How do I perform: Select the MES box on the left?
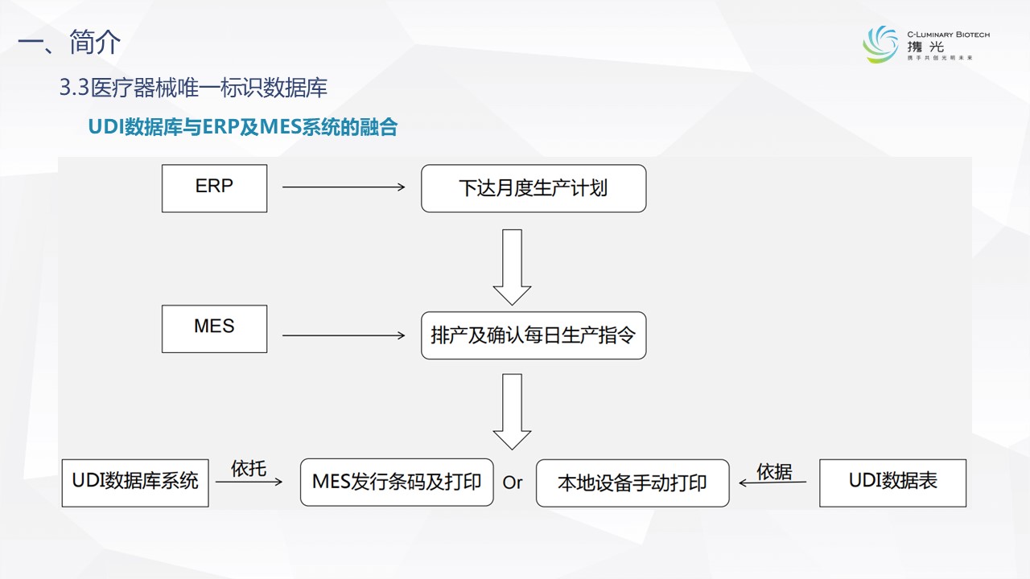214,329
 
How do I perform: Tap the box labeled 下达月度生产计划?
534,189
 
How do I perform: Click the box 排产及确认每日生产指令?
534,335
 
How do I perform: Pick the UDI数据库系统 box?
135,482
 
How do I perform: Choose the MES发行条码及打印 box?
397,482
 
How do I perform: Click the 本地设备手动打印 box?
632,482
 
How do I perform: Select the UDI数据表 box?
892,482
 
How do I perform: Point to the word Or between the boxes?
513,482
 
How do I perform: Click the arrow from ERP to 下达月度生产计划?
344,187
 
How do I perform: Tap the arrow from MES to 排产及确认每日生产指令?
344,335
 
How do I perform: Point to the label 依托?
249,468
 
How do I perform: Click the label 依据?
775,472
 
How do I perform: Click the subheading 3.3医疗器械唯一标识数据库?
193,88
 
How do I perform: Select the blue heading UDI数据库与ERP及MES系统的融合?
242,127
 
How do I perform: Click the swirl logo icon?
880,43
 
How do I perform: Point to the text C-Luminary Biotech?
948,35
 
